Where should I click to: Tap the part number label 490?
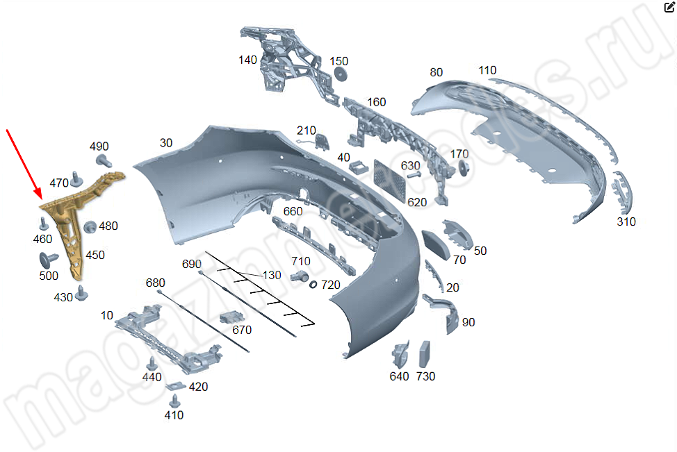[99, 147]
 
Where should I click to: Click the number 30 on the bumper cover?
[166, 143]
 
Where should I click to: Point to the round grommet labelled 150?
[341, 74]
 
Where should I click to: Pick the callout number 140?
[247, 60]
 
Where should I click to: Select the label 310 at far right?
[626, 222]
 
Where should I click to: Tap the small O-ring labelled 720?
[313, 284]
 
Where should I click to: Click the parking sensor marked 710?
[301, 276]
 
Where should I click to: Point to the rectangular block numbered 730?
[425, 354]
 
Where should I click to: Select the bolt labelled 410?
[174, 401]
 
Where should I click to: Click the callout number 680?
[156, 283]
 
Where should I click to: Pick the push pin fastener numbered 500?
[49, 259]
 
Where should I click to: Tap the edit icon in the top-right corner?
[669, 8]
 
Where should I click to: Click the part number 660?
[293, 211]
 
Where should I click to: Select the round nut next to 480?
[90, 226]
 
